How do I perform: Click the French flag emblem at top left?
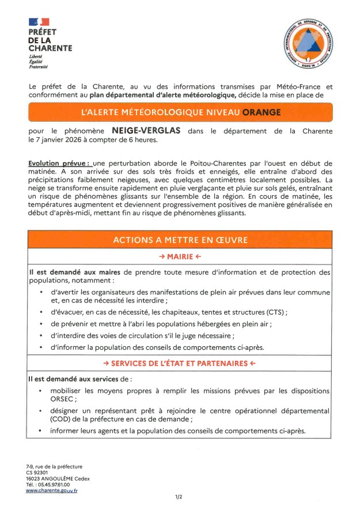tap(35, 22)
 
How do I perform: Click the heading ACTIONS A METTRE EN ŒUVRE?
tap(180, 241)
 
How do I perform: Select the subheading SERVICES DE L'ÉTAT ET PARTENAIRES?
tap(180, 364)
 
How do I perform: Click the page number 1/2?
tap(179, 496)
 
